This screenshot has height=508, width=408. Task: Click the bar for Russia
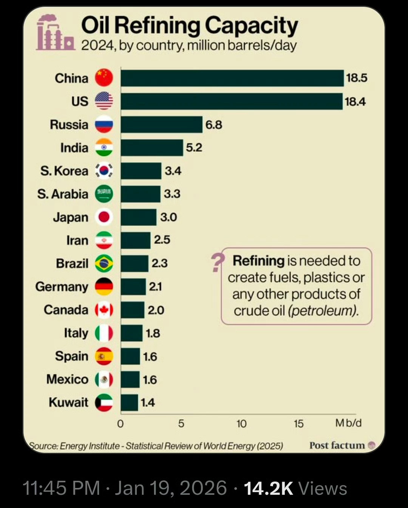[x=162, y=124]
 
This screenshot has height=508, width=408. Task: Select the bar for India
[x=152, y=147]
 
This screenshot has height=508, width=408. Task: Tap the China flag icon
[x=104, y=78]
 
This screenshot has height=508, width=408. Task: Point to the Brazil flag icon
[x=104, y=263]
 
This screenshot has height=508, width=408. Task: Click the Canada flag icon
[x=104, y=310]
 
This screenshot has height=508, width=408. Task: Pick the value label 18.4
[x=355, y=101]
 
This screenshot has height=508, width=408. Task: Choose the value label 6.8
[x=214, y=124]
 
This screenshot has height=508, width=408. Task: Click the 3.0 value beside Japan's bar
[x=168, y=217]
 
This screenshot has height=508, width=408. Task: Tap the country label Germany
[x=62, y=287]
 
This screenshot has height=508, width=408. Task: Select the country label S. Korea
[x=64, y=171]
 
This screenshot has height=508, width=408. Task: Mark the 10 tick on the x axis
[x=241, y=424]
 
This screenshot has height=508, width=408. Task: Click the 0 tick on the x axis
[x=121, y=424]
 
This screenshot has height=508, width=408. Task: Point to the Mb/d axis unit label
[x=348, y=423]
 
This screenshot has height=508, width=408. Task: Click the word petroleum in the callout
[x=322, y=311]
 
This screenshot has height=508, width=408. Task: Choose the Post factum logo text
[x=337, y=446]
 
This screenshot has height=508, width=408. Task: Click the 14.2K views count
[x=269, y=488]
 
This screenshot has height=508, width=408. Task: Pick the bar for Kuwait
[x=130, y=403]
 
